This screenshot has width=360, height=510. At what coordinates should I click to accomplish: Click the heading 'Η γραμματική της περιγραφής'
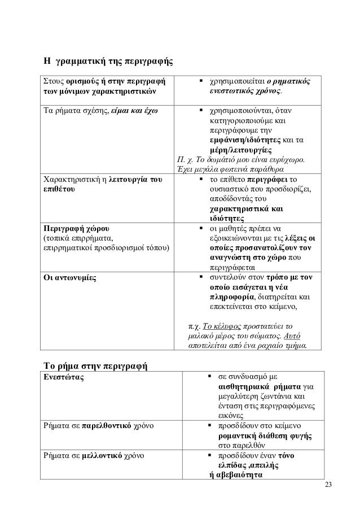(109, 60)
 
